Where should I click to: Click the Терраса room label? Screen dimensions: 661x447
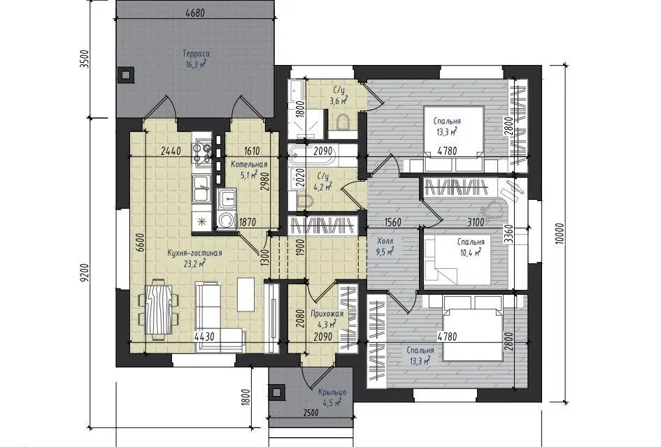(196, 54)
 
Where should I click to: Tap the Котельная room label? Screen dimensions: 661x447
(249, 165)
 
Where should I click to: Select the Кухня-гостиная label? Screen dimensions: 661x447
(194, 253)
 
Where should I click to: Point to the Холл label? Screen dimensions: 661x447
(385, 241)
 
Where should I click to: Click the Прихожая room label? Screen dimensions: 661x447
(327, 314)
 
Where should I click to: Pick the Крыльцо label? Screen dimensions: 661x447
(332, 393)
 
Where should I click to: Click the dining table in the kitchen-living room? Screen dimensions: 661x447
(159, 309)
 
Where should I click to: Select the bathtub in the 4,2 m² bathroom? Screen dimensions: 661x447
(313, 156)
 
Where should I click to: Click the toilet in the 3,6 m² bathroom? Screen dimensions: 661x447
(344, 122)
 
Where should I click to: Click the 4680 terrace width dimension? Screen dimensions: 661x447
(194, 13)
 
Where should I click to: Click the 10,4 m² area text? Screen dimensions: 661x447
(471, 252)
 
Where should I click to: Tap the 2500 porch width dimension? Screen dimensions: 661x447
(311, 413)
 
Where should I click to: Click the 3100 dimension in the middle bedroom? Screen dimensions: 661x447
(476, 222)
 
